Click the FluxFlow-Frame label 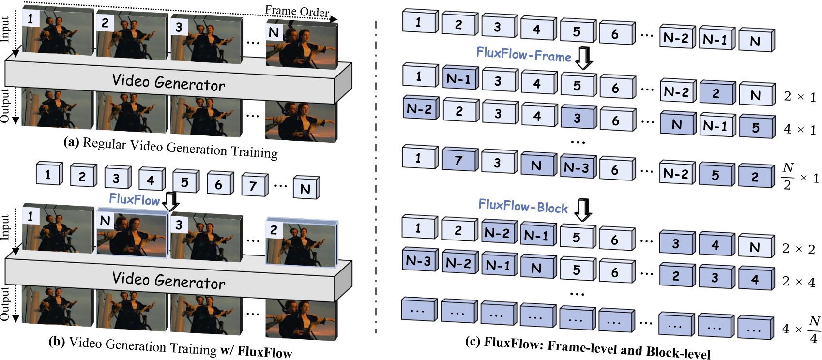click(523, 54)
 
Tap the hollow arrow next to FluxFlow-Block click(583, 210)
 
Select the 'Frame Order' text click(297, 11)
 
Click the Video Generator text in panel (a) click(168, 82)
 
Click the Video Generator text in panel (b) click(168, 280)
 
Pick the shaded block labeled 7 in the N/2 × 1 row click(458, 161)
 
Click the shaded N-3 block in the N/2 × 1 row click(576, 167)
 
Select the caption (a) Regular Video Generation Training click(170, 148)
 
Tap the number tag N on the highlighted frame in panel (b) click(105, 221)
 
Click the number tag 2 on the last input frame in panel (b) click(274, 230)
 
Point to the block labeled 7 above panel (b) click(253, 185)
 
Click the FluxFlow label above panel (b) click(134, 199)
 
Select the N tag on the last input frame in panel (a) click(274, 32)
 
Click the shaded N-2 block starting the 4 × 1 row click(419, 109)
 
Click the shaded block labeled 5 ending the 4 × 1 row click(755, 128)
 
